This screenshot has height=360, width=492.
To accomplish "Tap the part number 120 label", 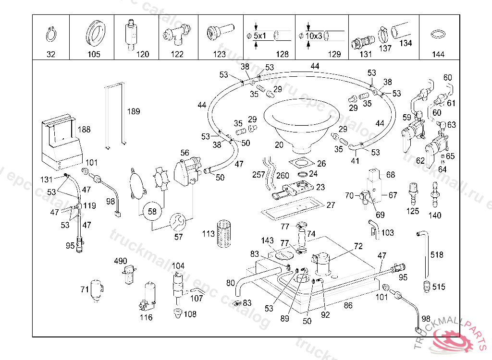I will pyautogui.click(x=143, y=54).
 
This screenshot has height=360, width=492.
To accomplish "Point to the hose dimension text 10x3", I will pyautogui.click(x=315, y=36).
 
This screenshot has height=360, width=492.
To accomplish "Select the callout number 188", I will pyautogui.click(x=84, y=130).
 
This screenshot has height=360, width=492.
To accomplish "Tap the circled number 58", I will pyautogui.click(x=152, y=211).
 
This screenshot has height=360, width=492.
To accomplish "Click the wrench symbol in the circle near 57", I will pyautogui.click(x=176, y=222).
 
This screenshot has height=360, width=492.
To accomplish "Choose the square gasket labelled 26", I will pyautogui.click(x=301, y=162).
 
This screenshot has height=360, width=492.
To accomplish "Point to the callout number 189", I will pyautogui.click(x=134, y=112).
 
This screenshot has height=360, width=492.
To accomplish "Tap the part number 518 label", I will pyautogui.click(x=437, y=255).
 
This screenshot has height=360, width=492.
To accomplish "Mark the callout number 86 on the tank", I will pyautogui.click(x=348, y=305).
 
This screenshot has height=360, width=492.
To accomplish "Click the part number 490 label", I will pyautogui.click(x=121, y=261).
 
